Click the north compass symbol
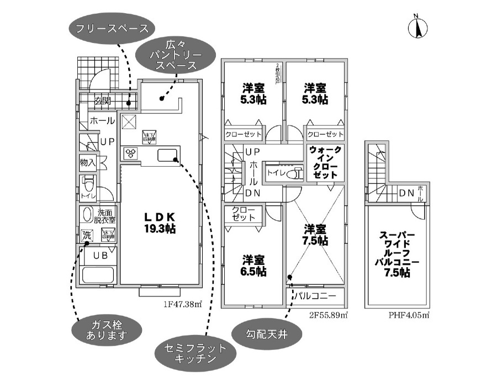[417, 28]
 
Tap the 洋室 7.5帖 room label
[316, 234]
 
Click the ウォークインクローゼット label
[325, 161]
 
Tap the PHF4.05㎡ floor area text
[409, 315]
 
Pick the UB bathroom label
[99, 256]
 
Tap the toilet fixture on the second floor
[294, 173]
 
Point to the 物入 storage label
[88, 163]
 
